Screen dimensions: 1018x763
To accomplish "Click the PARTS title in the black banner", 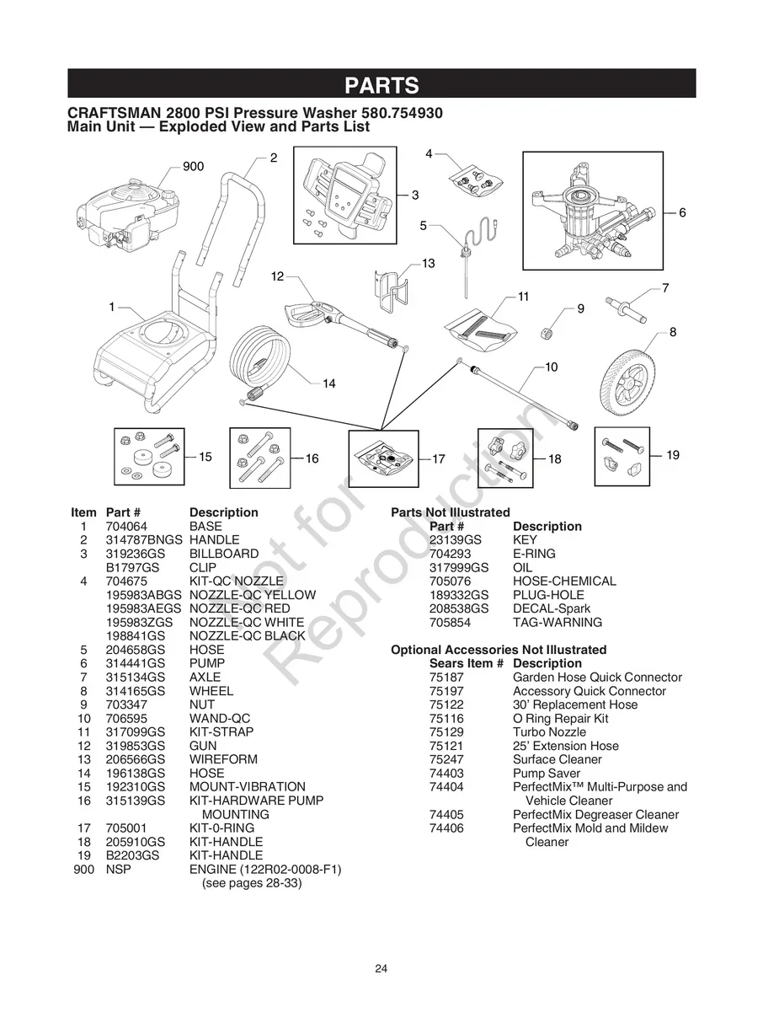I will [x=381, y=85].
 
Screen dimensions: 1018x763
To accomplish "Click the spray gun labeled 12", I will [x=333, y=320].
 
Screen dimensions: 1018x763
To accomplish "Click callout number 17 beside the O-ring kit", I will [x=438, y=459].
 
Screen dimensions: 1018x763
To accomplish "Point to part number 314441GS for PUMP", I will [x=136, y=663].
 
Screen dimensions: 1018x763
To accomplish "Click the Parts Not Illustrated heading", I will [x=450, y=512].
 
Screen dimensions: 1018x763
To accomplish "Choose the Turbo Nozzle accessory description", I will [x=549, y=732].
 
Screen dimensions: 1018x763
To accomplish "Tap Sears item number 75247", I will [x=446, y=759].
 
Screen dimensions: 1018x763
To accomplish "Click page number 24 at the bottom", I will [x=381, y=968].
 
